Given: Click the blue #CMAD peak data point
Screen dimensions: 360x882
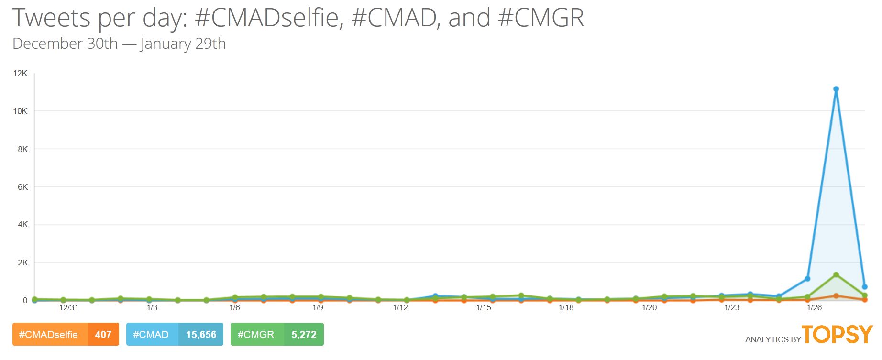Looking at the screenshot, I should point(836,89).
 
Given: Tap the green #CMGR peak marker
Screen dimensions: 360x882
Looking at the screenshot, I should point(836,274).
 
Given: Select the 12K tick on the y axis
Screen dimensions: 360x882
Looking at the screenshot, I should point(21,73).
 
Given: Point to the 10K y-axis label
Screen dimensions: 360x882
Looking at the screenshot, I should point(21,111).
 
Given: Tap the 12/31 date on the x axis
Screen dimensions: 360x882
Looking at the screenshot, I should point(69,307).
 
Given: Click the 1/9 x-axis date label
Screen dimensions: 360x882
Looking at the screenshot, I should point(318,307).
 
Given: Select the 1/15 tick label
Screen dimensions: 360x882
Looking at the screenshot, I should point(484,307).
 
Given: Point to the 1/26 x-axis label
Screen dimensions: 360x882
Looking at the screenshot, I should point(814,307).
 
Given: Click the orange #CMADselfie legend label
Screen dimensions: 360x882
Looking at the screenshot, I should point(48,335).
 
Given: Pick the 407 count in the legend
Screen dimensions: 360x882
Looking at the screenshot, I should point(103,335).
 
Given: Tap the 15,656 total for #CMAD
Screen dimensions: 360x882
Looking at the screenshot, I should point(201,335).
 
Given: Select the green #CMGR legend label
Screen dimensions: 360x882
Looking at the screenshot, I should point(256,335).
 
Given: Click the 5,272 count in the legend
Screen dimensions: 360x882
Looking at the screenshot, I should point(304,335).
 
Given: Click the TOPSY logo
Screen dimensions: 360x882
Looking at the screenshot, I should point(838,334).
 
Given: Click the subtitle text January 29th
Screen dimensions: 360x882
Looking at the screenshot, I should point(183,44).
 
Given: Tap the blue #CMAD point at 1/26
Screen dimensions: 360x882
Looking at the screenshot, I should point(807,279).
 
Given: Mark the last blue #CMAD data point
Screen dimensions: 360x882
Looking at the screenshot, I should point(865,287).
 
